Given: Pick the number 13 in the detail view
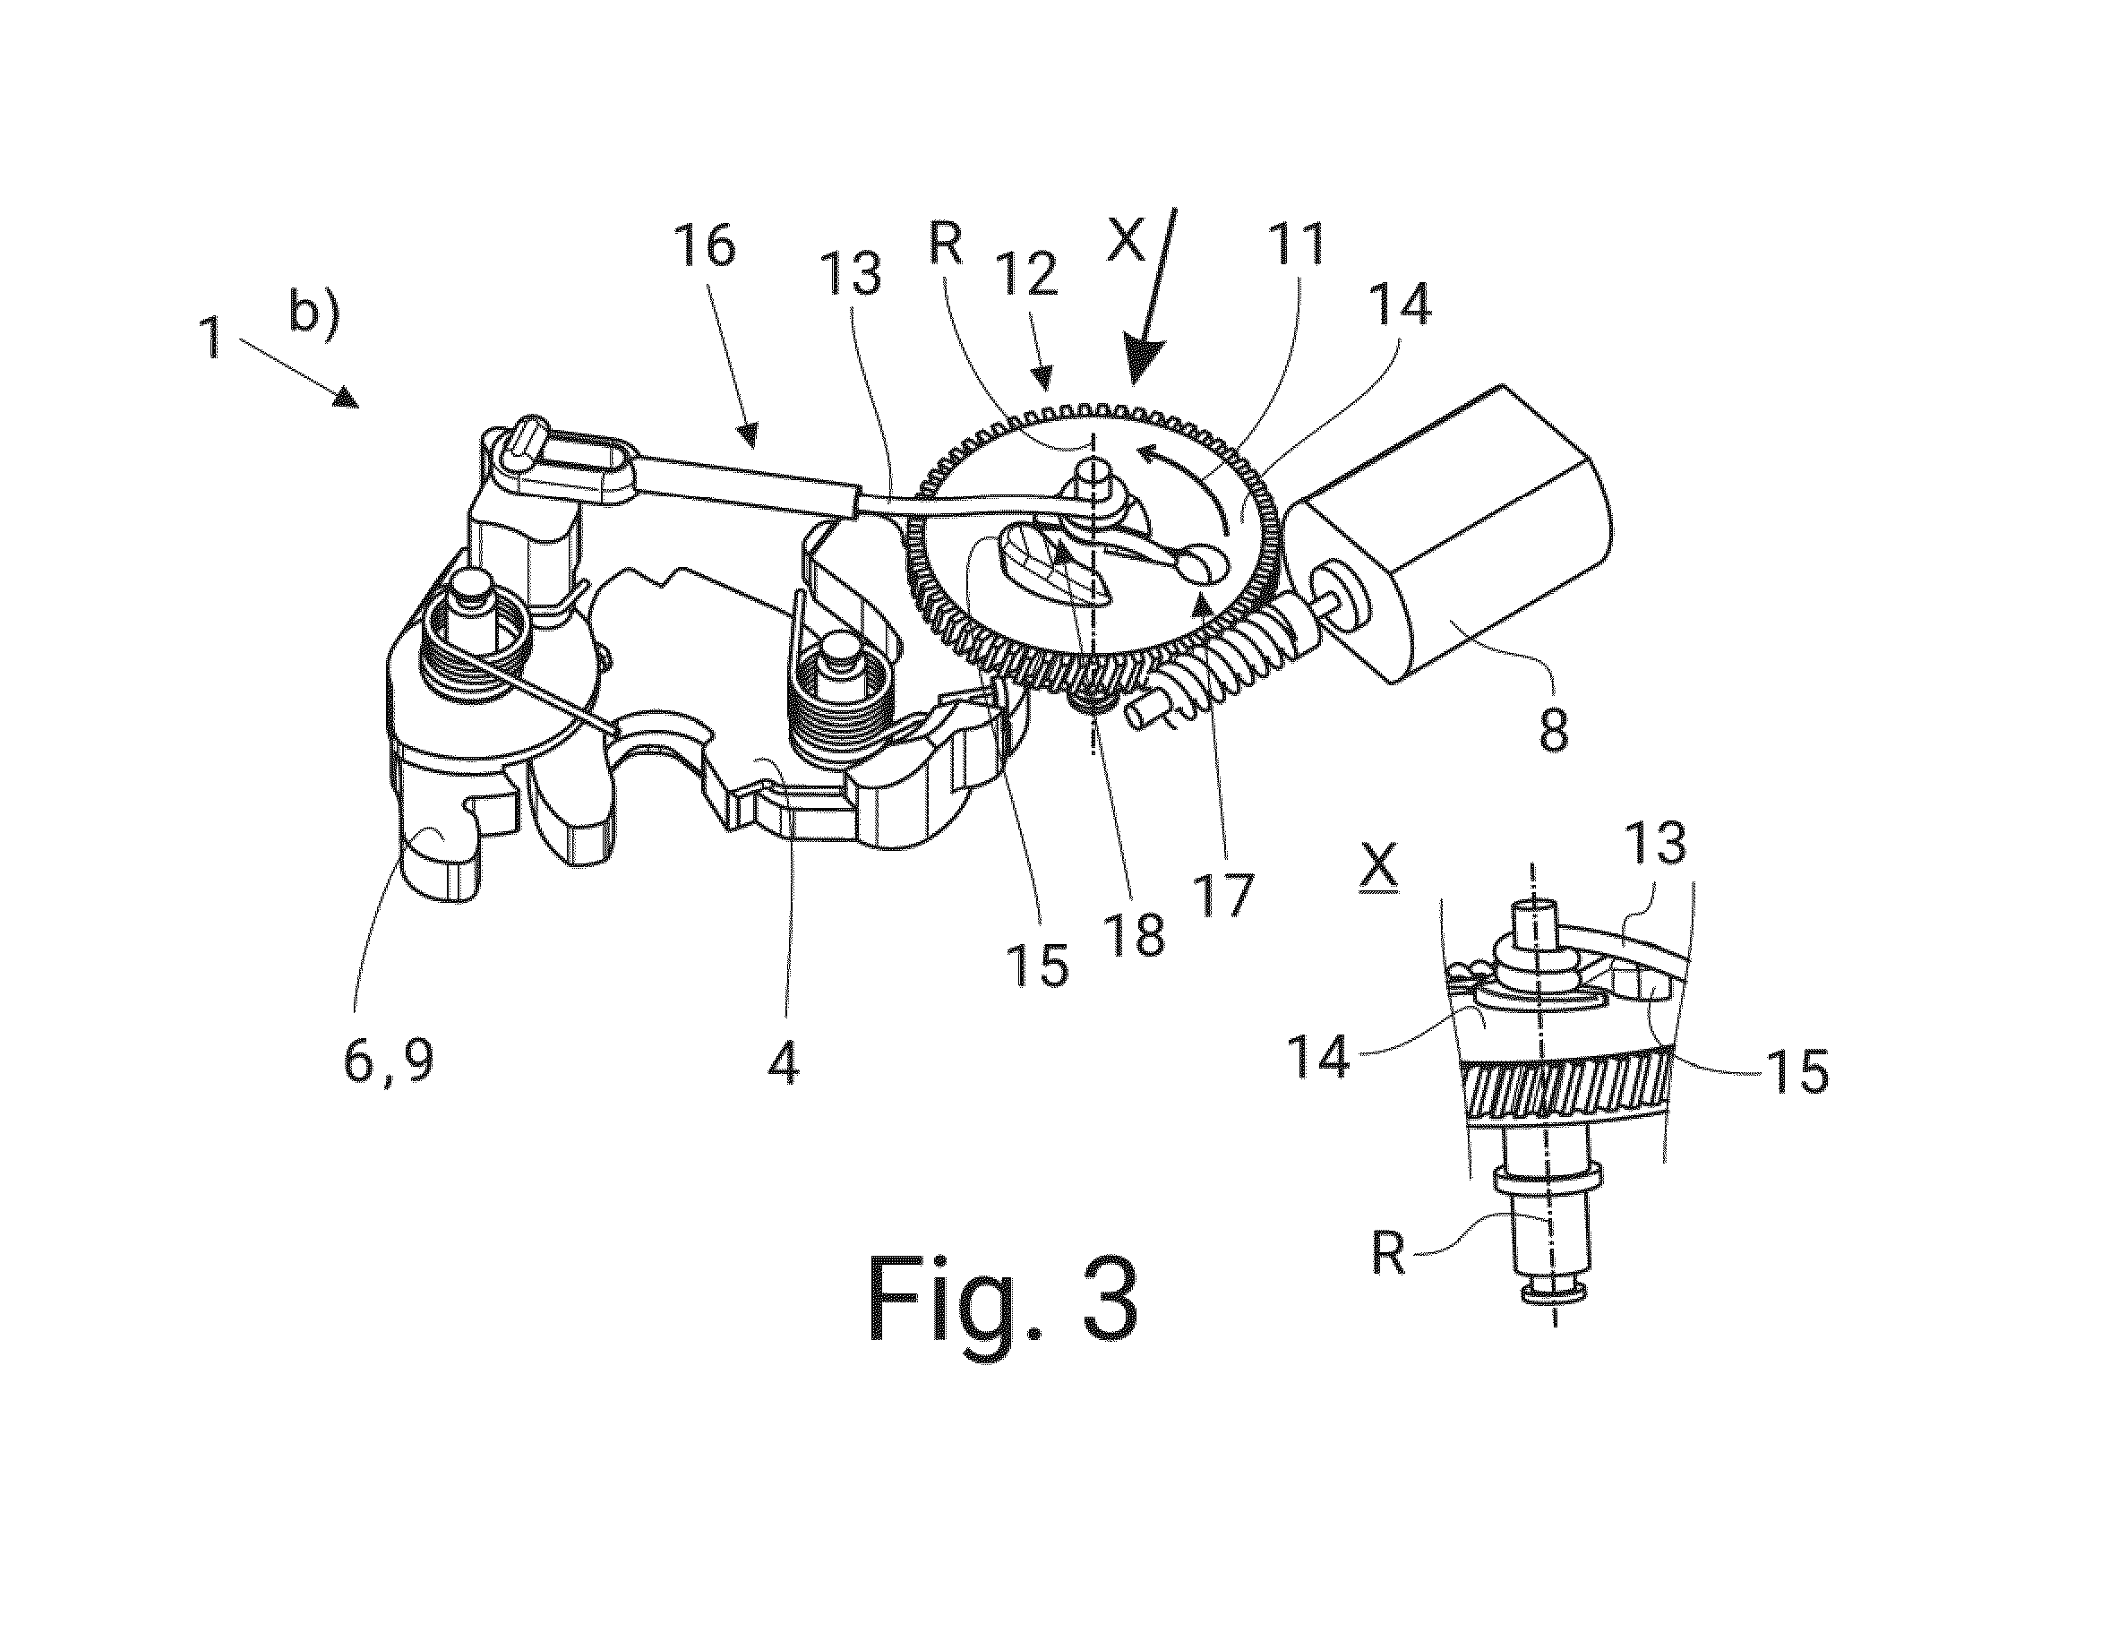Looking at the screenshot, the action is [1658, 843].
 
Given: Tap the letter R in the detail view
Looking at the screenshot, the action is [1388, 1254].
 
